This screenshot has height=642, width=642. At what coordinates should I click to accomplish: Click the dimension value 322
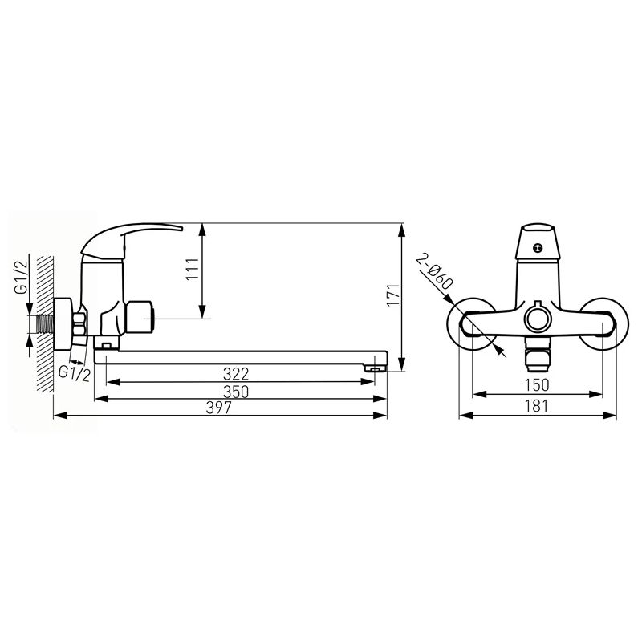[x=236, y=374]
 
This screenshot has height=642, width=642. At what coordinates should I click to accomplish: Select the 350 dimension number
[x=236, y=392]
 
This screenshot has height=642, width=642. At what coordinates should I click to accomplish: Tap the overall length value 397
[x=218, y=408]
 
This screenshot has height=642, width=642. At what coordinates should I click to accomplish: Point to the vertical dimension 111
[x=192, y=270]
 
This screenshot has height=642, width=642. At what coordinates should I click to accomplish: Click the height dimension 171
[x=392, y=295]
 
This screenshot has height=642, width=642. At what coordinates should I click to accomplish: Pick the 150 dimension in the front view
[x=536, y=385]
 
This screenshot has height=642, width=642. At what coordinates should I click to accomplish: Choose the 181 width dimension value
[x=536, y=406]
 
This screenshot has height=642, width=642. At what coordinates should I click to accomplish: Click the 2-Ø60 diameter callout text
[x=434, y=272]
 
